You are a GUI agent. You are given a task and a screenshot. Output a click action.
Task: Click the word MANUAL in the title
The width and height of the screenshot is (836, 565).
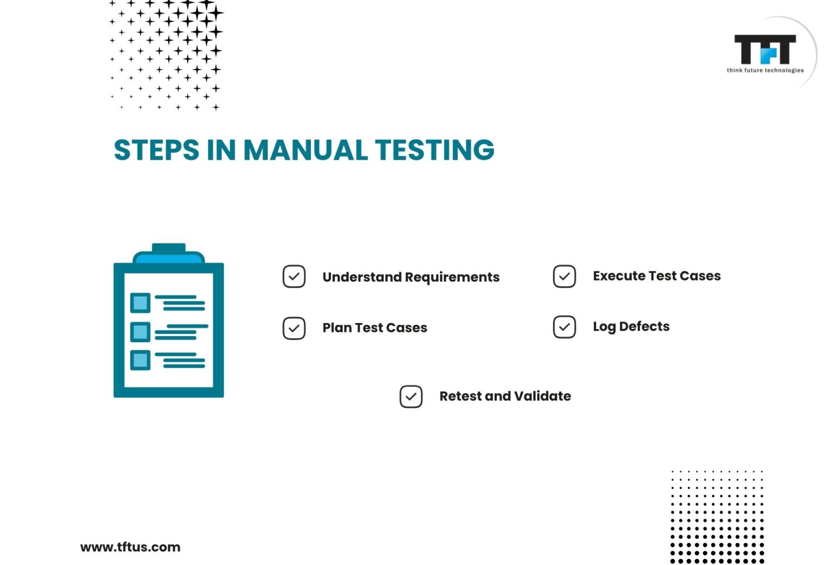[305, 150]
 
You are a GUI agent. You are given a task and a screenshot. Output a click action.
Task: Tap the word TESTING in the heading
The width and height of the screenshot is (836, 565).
[434, 150]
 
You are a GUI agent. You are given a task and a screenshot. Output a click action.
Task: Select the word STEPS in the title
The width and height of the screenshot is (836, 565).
[157, 150]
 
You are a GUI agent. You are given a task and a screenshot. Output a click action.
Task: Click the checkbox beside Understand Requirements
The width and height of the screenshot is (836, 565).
[294, 276]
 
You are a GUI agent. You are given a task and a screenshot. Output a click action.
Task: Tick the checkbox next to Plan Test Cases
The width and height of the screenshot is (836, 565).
[294, 328]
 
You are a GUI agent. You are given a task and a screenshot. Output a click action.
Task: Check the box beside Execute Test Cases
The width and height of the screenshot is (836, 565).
[564, 276]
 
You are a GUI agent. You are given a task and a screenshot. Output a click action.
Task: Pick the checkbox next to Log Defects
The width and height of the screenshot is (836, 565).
[564, 327]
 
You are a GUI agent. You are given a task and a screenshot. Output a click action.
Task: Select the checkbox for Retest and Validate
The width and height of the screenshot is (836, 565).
[411, 397]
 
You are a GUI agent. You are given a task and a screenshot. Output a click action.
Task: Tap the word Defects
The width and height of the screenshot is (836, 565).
[644, 326]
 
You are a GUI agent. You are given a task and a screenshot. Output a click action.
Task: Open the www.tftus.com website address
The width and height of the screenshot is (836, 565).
[130, 547]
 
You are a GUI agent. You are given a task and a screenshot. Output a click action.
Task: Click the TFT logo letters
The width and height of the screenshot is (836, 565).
[765, 50]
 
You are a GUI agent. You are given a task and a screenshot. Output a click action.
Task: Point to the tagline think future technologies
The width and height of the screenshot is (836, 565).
[765, 70]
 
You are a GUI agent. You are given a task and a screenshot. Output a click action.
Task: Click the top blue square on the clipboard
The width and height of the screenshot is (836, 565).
[140, 303]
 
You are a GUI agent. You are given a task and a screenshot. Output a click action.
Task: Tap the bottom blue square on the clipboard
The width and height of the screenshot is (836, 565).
[140, 360]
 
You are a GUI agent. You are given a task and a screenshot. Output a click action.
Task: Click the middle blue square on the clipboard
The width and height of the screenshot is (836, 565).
[140, 331]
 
